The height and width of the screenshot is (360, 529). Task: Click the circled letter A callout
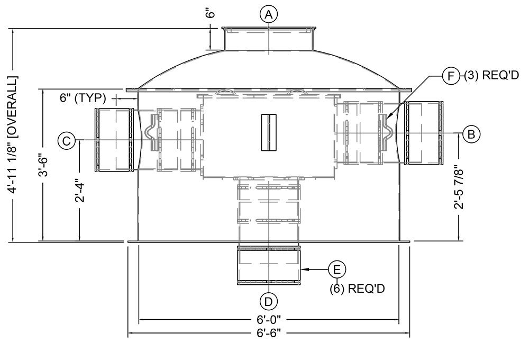point(268,14)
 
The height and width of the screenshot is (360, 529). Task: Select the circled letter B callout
point(471,134)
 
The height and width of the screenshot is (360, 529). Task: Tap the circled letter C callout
point(67,140)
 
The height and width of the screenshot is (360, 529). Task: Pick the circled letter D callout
point(268,301)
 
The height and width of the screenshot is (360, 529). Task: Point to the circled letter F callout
point(451,76)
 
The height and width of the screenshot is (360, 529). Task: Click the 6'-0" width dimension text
point(269,319)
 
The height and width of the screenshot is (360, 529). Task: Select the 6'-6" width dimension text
point(269,334)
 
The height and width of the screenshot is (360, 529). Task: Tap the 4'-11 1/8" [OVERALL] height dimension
point(14,134)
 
